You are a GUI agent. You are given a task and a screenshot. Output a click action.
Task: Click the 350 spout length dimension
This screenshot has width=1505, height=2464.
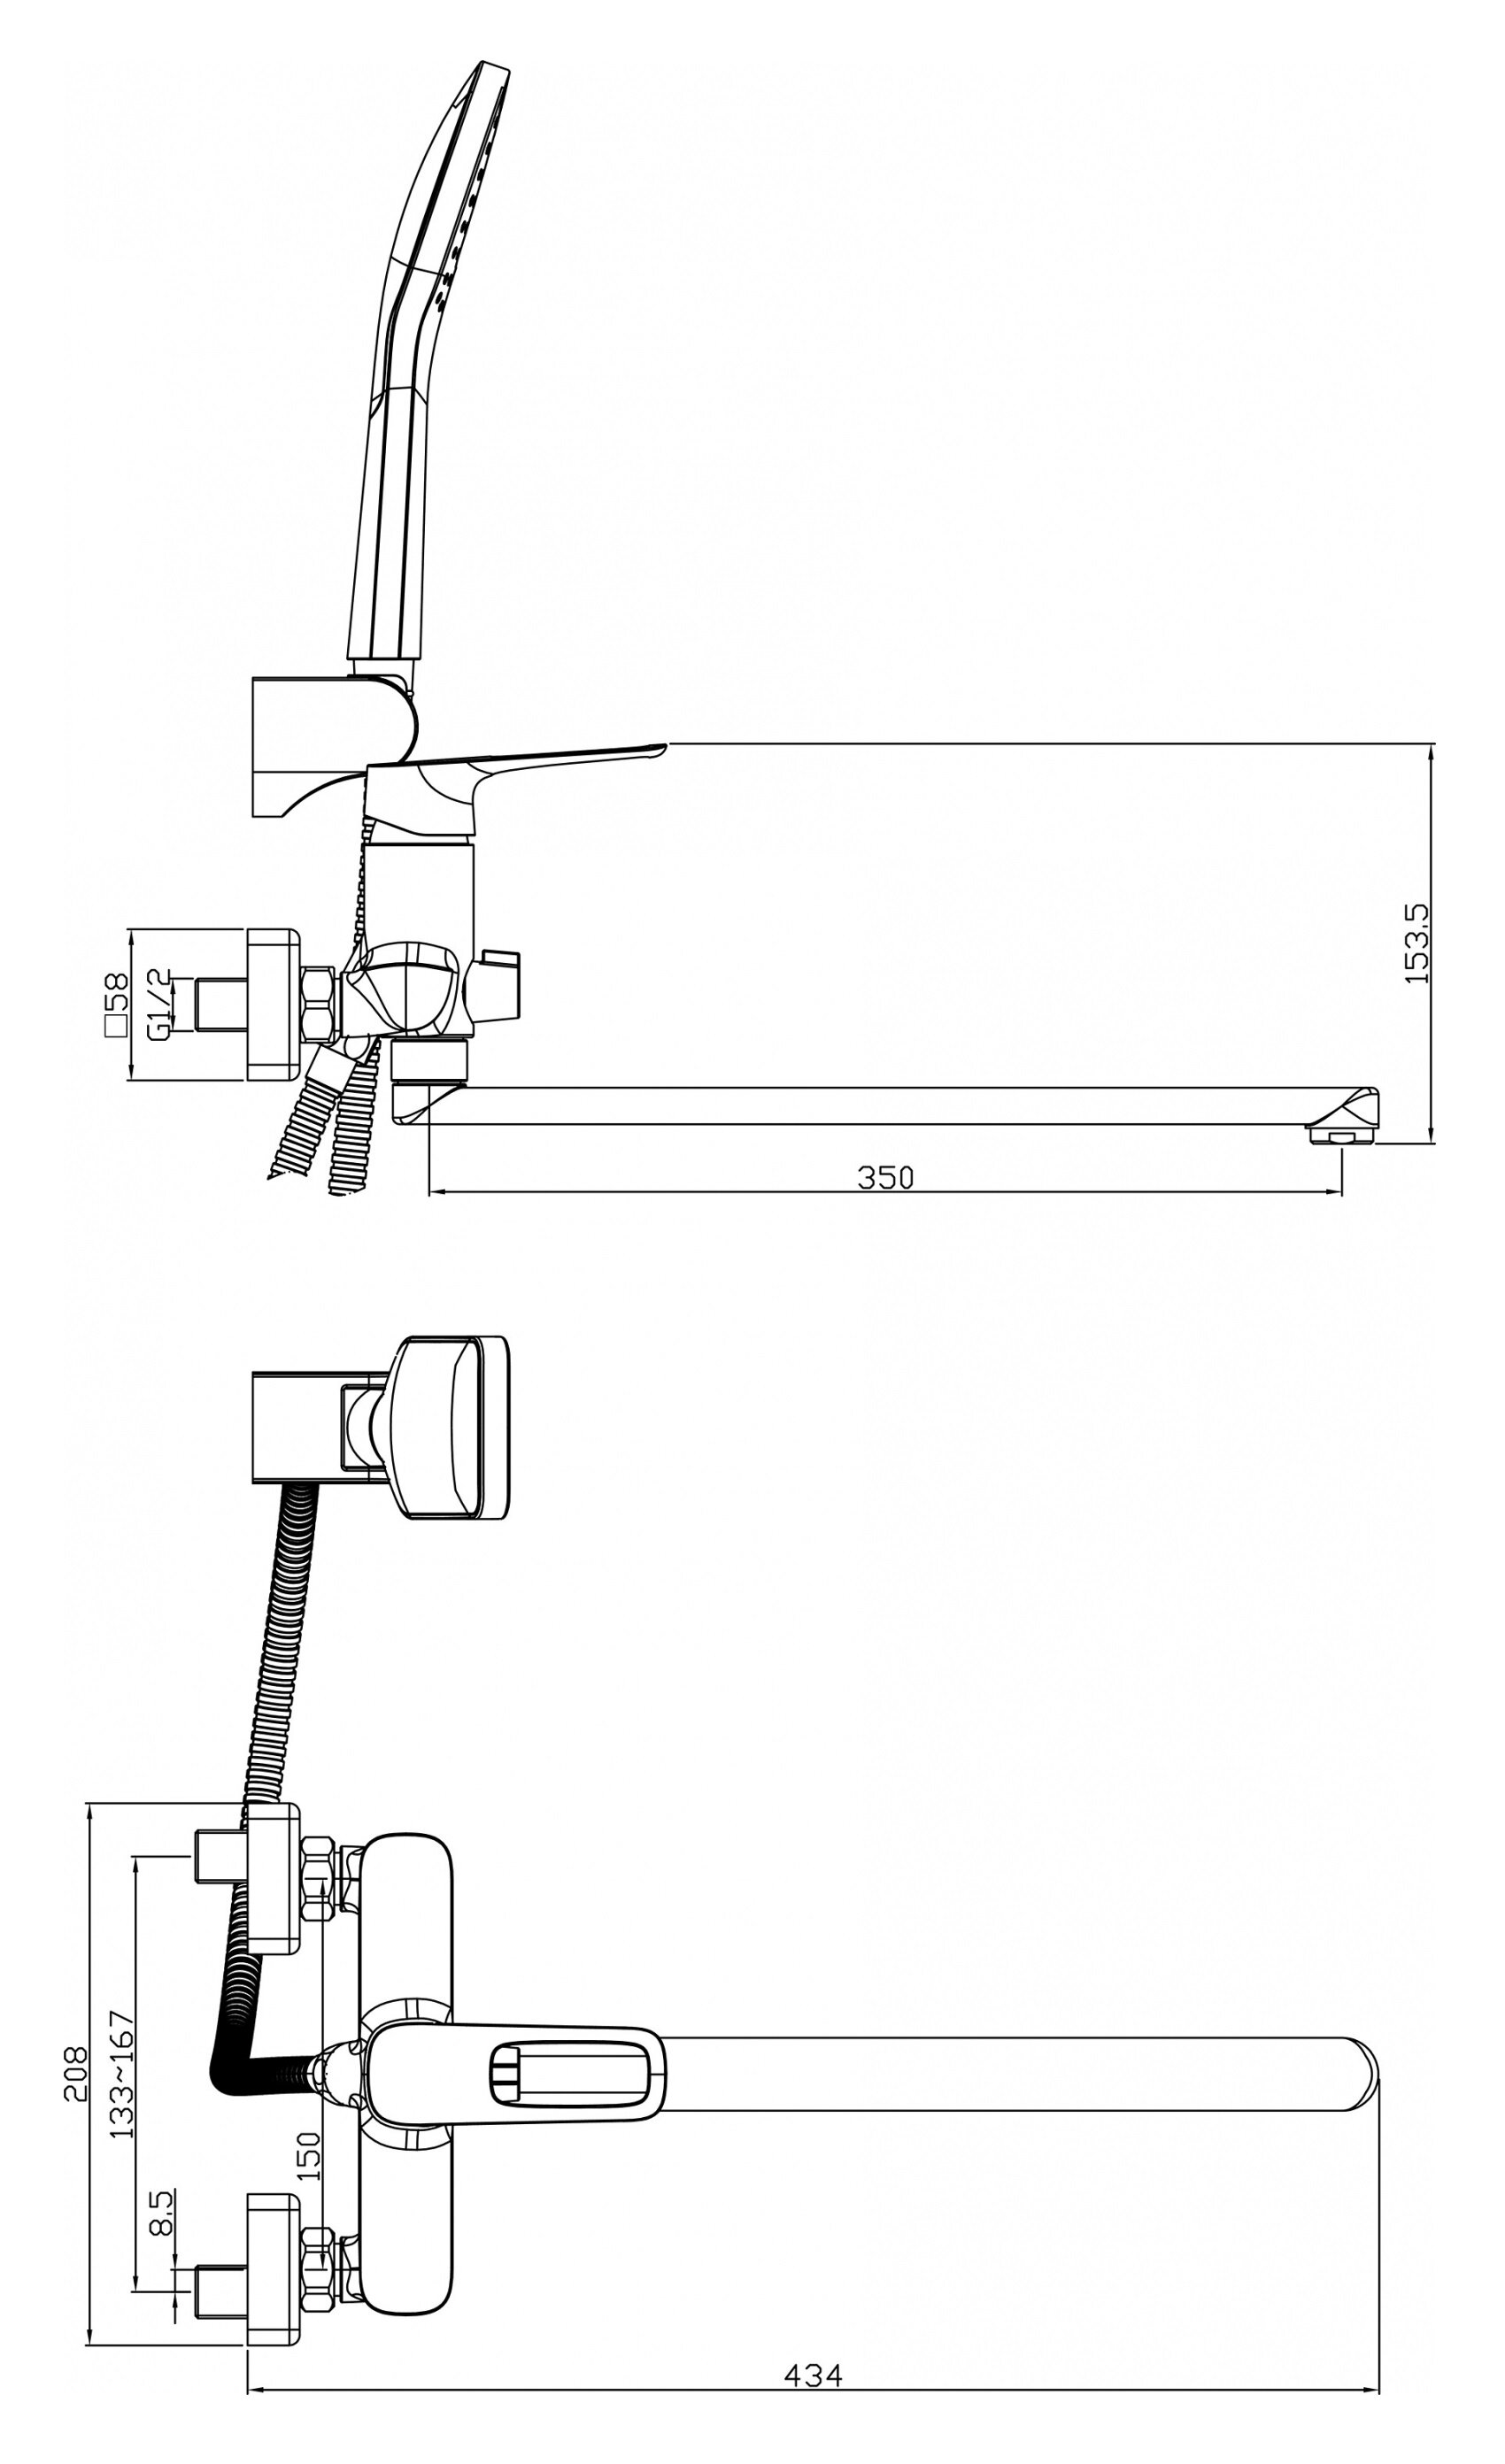886,1178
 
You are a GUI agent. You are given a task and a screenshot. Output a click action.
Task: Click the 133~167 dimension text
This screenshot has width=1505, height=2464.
121,2073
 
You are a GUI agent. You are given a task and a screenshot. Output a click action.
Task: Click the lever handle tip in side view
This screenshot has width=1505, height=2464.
655,747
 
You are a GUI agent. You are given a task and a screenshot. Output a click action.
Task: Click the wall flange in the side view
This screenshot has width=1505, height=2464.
273,1004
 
